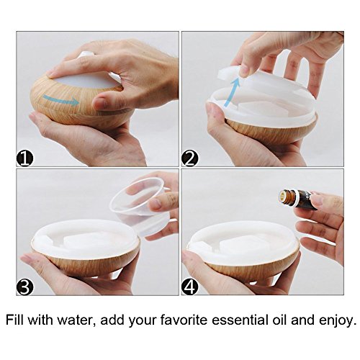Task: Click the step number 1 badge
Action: pos(25,158)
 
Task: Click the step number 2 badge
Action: pos(190,158)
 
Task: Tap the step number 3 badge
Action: pos(25,287)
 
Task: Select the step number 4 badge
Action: pos(190,287)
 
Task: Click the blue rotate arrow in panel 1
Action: pos(61,100)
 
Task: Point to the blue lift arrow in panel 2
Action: pos(232,92)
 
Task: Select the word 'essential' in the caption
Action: pos(246,320)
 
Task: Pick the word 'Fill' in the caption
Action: pos(15,320)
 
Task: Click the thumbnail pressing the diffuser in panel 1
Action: pos(102,103)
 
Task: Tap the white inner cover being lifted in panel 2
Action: pos(259,96)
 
